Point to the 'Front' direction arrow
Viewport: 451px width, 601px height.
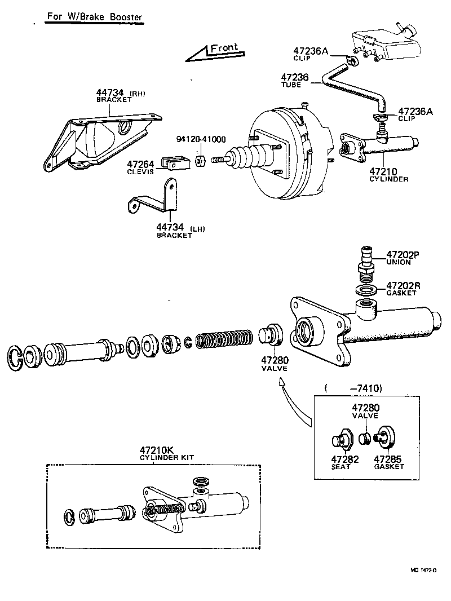tap(214, 52)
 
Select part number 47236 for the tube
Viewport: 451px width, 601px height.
tap(295, 77)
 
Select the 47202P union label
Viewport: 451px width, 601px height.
tap(403, 255)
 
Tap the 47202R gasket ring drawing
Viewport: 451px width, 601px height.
tap(368, 290)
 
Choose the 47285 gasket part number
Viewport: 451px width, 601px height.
tap(389, 459)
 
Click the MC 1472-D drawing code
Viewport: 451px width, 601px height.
tap(424, 570)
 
